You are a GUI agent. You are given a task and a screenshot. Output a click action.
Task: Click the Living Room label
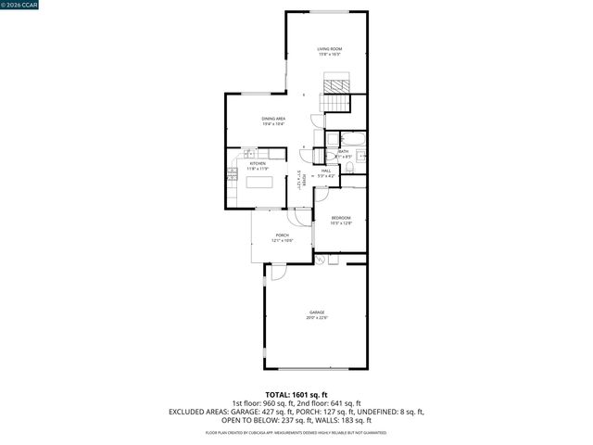coord(329,48)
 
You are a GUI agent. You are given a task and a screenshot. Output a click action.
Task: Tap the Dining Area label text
coord(273,119)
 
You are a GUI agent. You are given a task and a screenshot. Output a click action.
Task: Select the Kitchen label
coord(257,163)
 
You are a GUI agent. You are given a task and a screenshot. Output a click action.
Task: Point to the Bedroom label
coord(342,218)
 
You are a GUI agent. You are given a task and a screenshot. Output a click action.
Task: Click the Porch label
coord(282,235)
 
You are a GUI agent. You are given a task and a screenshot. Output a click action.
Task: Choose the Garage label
coord(317,312)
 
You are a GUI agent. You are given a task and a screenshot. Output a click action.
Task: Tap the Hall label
coord(326,171)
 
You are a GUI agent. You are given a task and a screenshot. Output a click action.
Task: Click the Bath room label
coord(344,152)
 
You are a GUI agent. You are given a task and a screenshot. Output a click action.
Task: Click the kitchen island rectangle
coord(260,183)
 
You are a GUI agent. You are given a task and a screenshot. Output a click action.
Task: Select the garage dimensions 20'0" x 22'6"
coord(317,318)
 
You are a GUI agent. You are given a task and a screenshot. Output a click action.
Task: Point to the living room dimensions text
coord(329,55)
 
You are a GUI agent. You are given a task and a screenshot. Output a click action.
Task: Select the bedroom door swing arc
coord(321,195)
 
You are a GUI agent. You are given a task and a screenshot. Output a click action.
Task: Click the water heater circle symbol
coord(321,260)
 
